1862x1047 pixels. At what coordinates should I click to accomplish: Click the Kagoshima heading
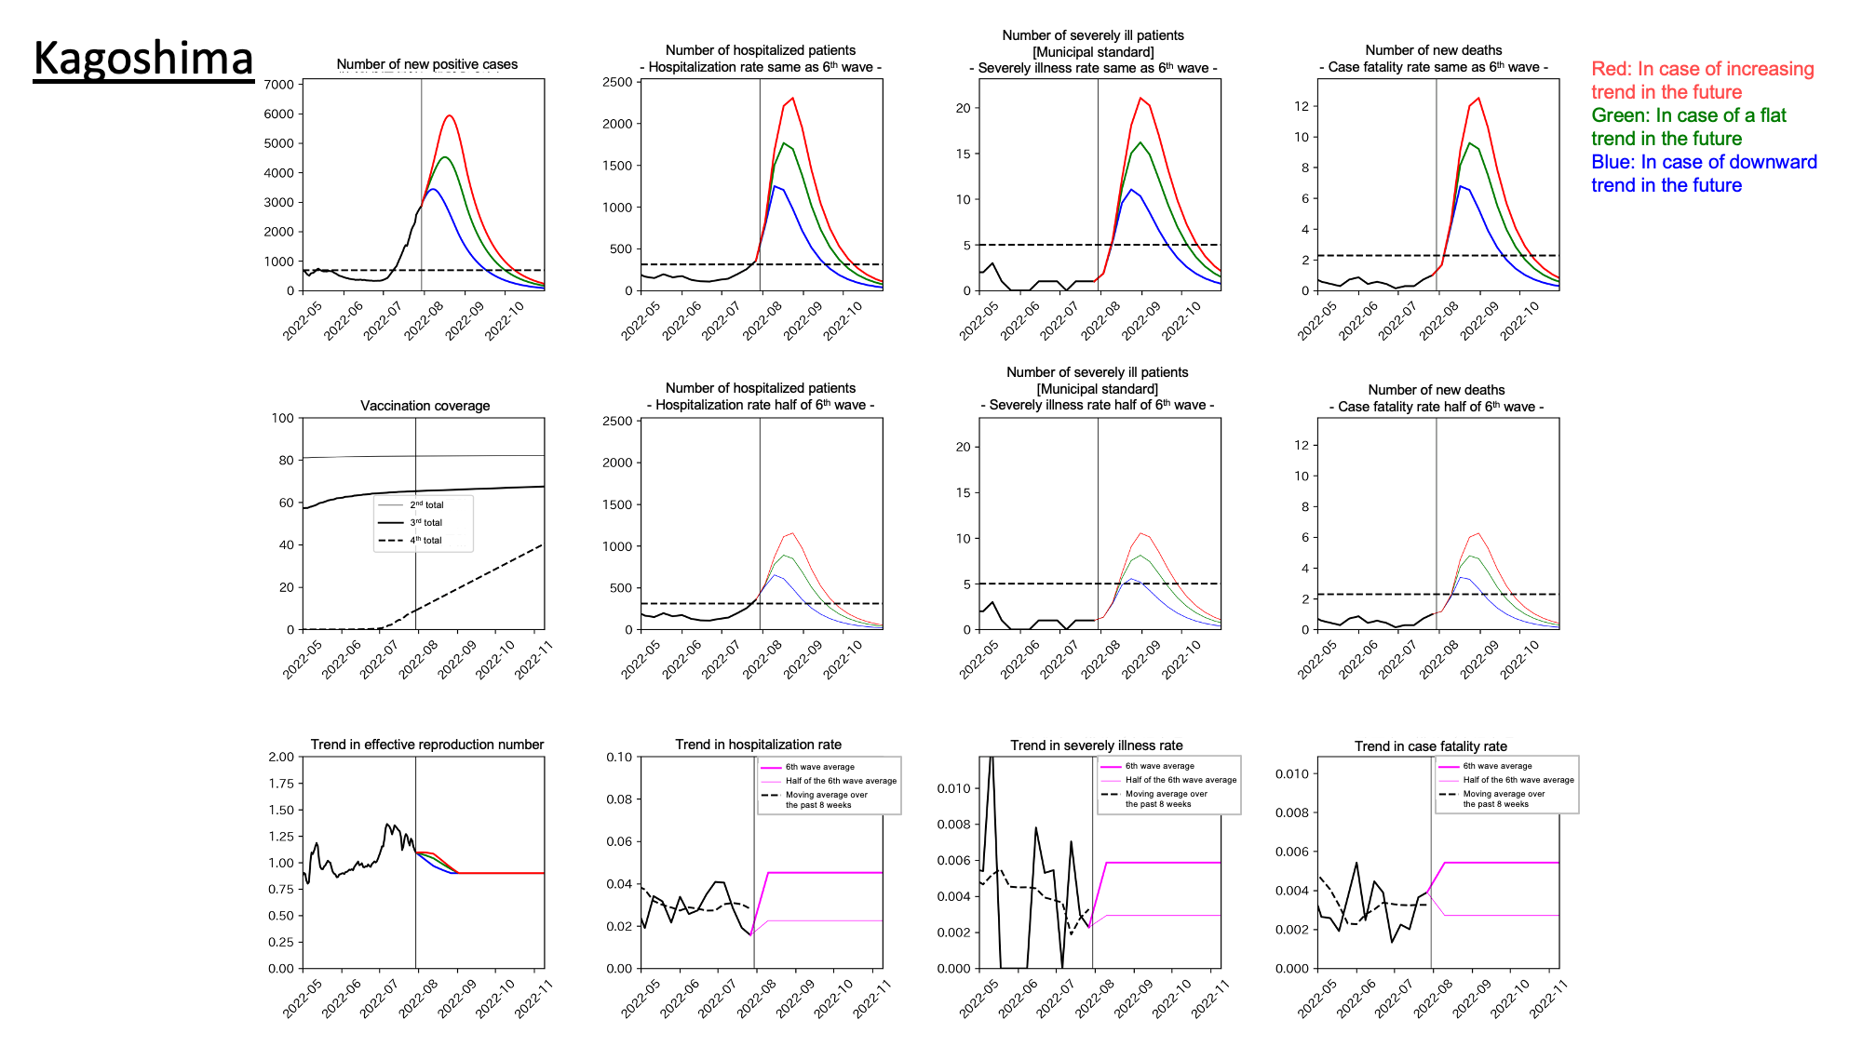click(143, 59)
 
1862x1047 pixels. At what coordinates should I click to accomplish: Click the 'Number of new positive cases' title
click(426, 64)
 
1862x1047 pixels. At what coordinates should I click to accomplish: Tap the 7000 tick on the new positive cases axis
click(279, 85)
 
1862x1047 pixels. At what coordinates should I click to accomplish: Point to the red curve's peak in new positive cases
click(450, 115)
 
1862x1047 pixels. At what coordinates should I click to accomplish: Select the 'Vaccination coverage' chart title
click(425, 406)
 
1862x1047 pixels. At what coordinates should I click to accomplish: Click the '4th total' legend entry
click(426, 541)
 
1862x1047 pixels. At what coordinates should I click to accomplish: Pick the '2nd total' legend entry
click(426, 505)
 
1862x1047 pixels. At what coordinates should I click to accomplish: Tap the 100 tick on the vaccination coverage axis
click(282, 419)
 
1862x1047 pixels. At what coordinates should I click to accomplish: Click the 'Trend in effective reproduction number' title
click(426, 745)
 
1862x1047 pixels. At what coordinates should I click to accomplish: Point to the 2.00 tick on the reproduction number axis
click(281, 757)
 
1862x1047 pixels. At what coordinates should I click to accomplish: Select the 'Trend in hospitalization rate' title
click(758, 745)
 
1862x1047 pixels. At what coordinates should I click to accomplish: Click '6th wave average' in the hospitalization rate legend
click(819, 767)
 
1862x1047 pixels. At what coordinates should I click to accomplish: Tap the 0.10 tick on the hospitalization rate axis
click(620, 758)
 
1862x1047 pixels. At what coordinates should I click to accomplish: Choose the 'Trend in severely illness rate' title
click(1097, 745)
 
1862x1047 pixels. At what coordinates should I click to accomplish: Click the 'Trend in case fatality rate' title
click(1430, 746)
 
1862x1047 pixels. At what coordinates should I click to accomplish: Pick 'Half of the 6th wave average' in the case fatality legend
click(1518, 780)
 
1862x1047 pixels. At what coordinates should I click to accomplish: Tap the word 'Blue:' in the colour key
click(1612, 162)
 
